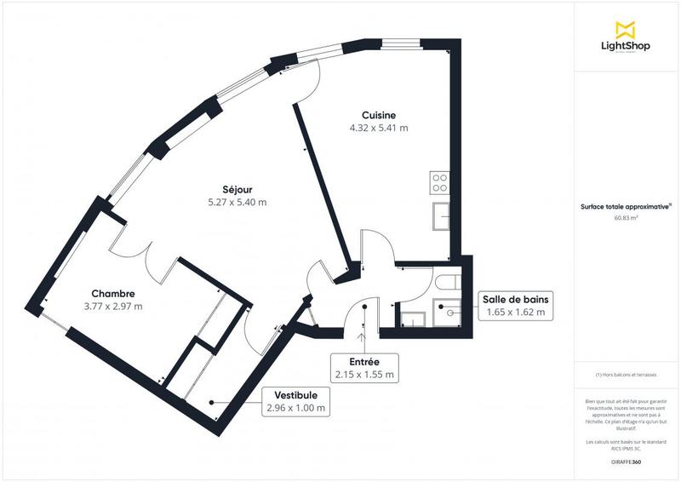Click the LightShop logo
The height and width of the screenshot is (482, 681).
[627, 37]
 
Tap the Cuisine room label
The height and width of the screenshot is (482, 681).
[379, 115]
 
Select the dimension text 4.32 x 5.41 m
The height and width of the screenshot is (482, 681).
[379, 129]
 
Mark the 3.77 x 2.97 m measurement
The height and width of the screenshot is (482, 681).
[113, 307]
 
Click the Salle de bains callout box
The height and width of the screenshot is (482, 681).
[516, 306]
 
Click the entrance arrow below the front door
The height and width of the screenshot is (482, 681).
[363, 337]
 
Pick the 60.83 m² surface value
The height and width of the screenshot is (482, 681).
[627, 218]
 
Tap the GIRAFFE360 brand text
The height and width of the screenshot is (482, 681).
[627, 460]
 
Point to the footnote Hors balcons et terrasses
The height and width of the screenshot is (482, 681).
[627, 375]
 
